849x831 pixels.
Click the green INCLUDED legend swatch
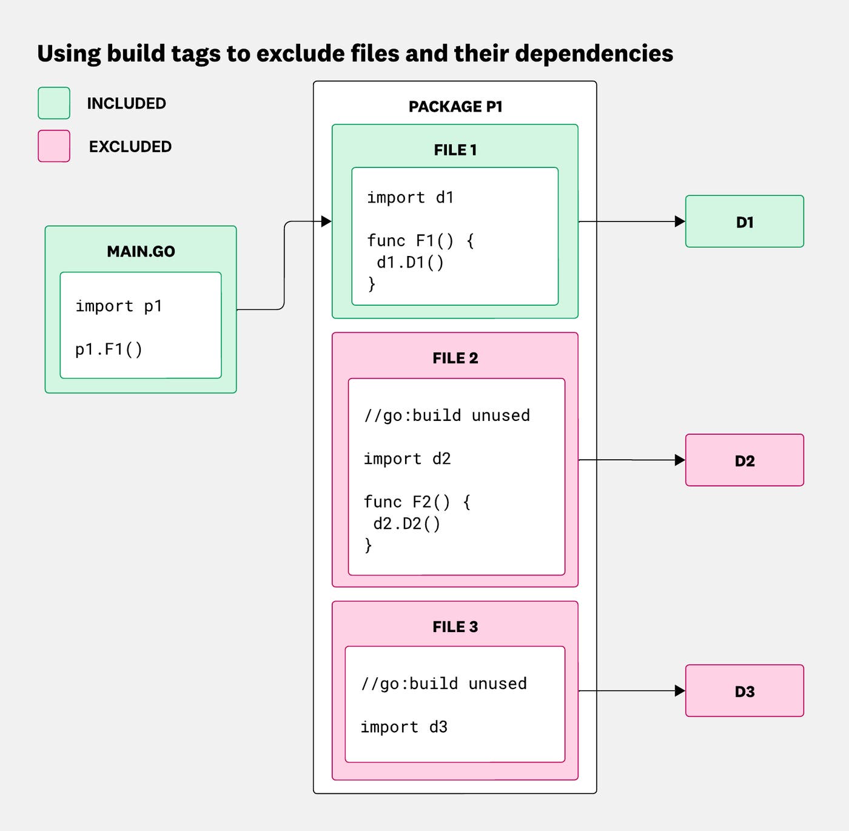tap(54, 103)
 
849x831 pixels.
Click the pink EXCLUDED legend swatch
tap(54, 146)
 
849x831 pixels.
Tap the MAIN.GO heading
tap(141, 251)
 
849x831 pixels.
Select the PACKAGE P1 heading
tap(455, 107)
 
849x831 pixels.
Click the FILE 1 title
tap(455, 150)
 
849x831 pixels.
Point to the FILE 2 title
tap(455, 358)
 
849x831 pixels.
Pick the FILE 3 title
tap(455, 627)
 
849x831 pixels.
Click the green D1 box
tap(744, 221)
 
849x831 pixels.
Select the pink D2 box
tap(744, 460)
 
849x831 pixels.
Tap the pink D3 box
tap(744, 691)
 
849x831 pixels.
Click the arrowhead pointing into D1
tap(680, 221)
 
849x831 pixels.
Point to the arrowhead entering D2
tap(680, 460)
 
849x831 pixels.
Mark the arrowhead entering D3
tap(680, 691)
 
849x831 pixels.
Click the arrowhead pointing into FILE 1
tap(326, 221)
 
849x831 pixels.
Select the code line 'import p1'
tap(119, 306)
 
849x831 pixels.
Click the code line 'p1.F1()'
tap(109, 349)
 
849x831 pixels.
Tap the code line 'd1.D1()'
tap(411, 263)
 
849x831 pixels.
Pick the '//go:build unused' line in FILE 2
tap(447, 415)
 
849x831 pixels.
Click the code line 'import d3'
tap(404, 727)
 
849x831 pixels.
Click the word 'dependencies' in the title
tap(594, 53)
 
